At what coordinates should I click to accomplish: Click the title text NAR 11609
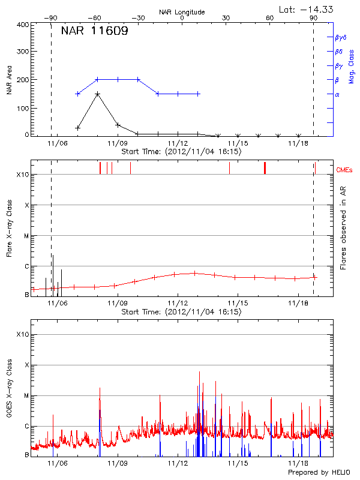click(94, 31)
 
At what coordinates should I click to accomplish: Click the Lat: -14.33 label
click(307, 8)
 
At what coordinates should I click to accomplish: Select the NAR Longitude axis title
click(182, 11)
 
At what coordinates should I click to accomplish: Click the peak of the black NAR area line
click(97, 94)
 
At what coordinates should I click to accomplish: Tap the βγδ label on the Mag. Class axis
click(340, 37)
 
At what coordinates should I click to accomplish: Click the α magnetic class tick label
click(337, 94)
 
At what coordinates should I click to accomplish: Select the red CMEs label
click(346, 170)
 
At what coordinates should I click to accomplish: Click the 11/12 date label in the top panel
click(178, 144)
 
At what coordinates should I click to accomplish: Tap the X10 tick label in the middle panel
click(23, 175)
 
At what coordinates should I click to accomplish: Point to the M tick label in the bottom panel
click(26, 395)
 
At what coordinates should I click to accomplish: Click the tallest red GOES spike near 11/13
click(199, 372)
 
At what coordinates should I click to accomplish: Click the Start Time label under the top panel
click(181, 152)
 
